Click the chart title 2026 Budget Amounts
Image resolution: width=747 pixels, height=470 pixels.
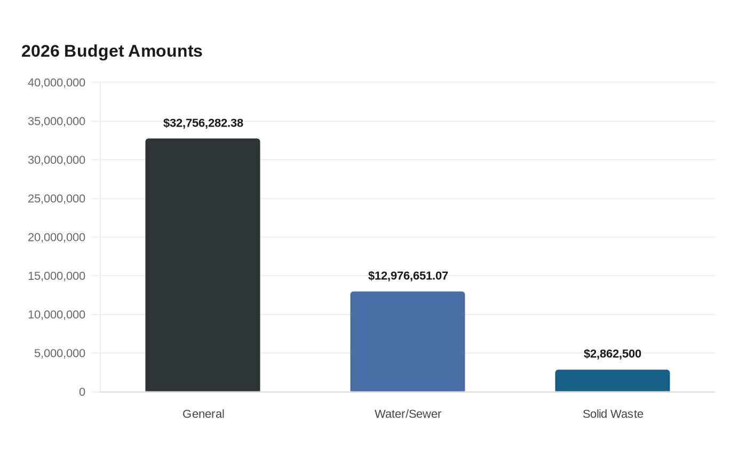pos(112,51)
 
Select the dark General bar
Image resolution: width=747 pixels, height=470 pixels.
pos(203,265)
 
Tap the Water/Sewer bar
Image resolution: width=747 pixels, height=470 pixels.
pos(408,341)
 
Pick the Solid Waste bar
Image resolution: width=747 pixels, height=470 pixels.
pos(613,380)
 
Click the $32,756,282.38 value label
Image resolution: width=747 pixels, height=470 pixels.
pos(203,123)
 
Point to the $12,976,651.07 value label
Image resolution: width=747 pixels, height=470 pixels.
pos(408,276)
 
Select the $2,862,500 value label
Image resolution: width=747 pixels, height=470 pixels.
pos(613,354)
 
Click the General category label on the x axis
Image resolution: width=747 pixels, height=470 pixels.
pos(203,414)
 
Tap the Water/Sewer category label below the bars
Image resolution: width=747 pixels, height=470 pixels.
pos(408,414)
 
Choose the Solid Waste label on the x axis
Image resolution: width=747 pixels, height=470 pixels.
pos(613,414)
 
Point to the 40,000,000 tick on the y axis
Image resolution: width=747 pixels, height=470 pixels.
pos(57,82)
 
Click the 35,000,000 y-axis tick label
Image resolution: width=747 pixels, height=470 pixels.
pos(57,121)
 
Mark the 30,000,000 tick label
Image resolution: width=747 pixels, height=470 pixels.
pos(57,160)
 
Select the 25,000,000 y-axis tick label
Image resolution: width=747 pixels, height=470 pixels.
pos(57,199)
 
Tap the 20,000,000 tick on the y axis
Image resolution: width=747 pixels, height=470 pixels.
pos(57,237)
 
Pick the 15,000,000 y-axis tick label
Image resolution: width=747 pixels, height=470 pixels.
pos(57,276)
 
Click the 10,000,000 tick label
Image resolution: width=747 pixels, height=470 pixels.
pos(57,315)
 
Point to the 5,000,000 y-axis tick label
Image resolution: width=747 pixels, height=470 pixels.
pos(60,353)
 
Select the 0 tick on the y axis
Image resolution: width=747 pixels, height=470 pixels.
pos(82,392)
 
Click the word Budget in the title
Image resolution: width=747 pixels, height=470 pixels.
pos(94,52)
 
